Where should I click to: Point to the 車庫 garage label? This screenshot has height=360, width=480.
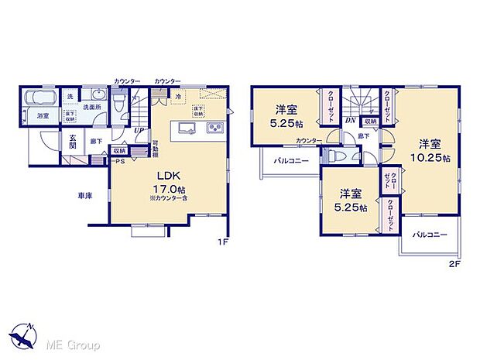pyautogui.click(x=85, y=197)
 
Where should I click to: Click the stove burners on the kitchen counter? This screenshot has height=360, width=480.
pyautogui.click(x=213, y=128)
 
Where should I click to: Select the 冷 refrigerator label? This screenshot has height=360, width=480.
pyautogui.click(x=177, y=98)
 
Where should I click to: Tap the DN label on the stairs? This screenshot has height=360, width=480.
pyautogui.click(x=350, y=120)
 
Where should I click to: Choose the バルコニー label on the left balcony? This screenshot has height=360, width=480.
pyautogui.click(x=290, y=161)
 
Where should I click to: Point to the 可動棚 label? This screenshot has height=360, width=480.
pyautogui.click(x=155, y=148)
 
